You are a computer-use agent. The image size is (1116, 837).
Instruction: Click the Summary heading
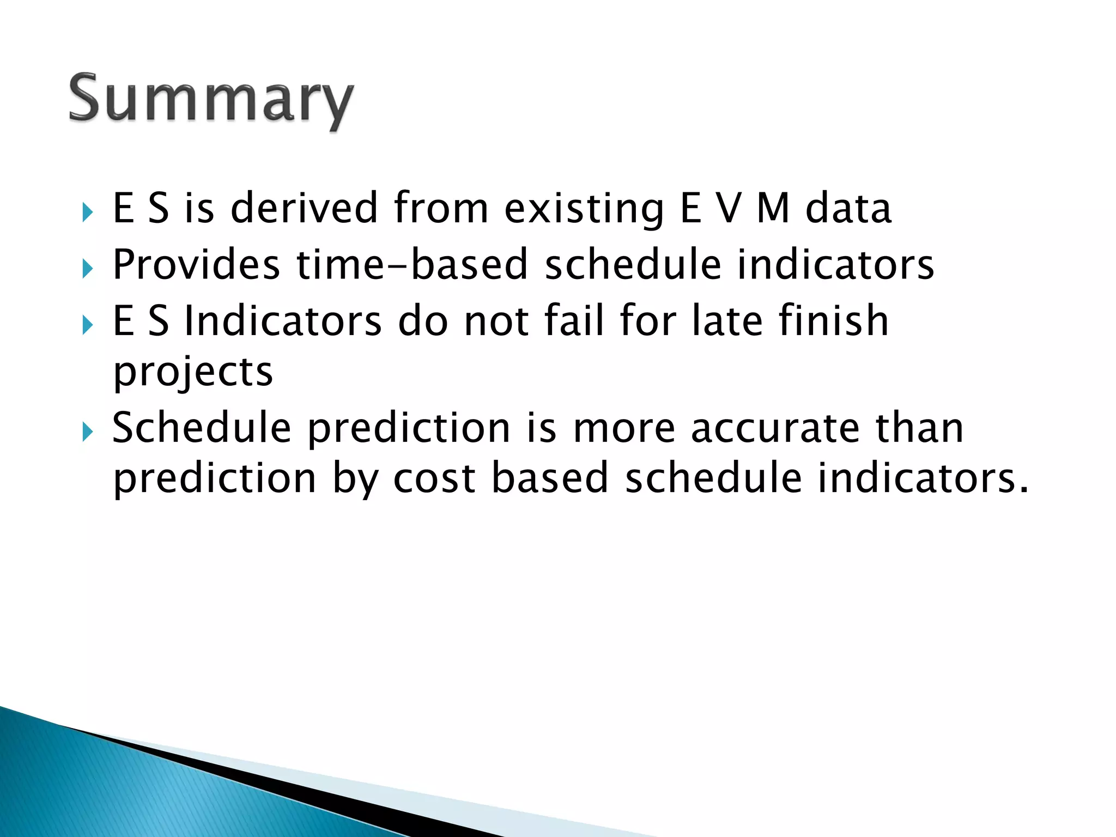211,99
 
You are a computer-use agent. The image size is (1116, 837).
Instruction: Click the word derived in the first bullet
304,208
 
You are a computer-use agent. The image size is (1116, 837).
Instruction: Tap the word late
727,320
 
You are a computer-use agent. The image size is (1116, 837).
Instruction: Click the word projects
193,374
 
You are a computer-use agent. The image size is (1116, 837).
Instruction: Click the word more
624,428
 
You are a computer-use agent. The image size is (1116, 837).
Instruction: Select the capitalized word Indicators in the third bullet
283,320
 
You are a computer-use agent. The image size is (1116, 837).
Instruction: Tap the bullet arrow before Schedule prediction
88,433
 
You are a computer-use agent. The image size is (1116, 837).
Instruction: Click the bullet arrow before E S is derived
88,213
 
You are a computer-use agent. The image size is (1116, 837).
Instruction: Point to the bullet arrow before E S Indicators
88,325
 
